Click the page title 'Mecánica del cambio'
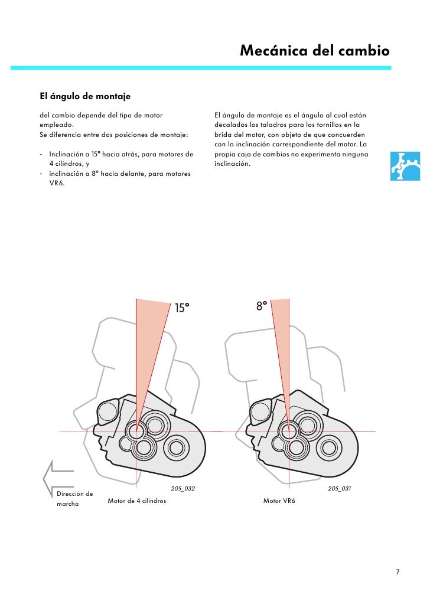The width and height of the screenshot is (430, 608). point(314,51)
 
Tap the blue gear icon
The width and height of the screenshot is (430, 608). point(406,166)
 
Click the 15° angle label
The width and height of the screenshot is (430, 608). point(183,308)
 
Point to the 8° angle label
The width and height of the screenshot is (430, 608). point(261,306)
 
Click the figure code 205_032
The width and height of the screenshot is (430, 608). point(183,489)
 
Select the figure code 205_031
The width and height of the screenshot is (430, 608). point(339,489)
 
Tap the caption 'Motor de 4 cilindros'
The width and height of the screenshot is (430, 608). point(136,501)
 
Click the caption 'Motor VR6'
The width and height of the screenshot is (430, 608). point(279,501)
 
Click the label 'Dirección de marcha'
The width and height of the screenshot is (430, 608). point(73,498)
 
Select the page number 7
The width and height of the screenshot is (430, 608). point(398,571)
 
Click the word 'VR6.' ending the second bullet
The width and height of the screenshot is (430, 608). point(57,183)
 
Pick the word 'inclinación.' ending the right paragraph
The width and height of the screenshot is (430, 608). point(232,164)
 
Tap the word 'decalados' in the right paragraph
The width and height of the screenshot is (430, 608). point(231,125)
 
